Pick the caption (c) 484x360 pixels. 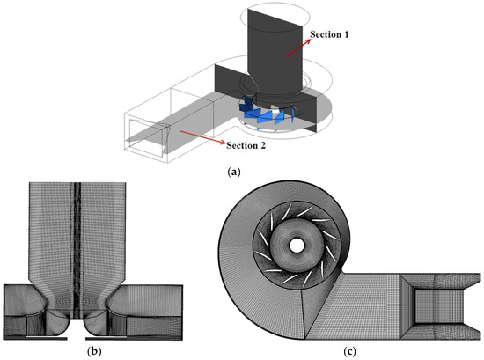[349, 352]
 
